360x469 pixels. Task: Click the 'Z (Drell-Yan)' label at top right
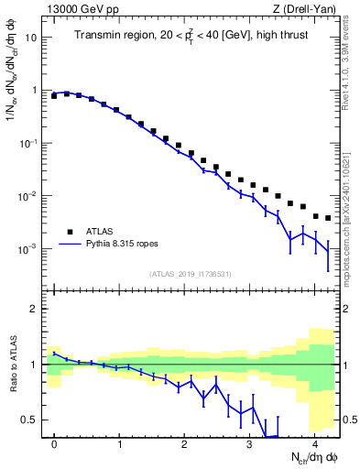[x=309, y=9]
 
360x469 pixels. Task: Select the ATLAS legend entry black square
[x=68, y=231]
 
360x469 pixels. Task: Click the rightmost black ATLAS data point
[x=328, y=218]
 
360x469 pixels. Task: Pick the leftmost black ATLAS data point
[x=54, y=95]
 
